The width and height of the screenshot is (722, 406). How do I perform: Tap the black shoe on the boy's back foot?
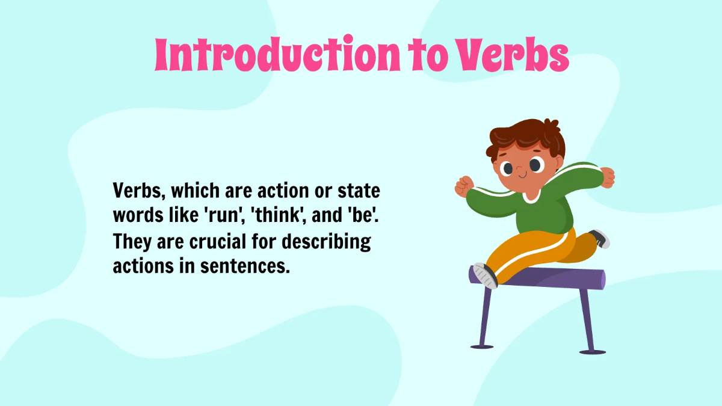click(599, 238)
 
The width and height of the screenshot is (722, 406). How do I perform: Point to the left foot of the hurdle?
click(481, 346)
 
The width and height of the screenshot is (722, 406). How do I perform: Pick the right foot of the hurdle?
click(592, 351)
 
